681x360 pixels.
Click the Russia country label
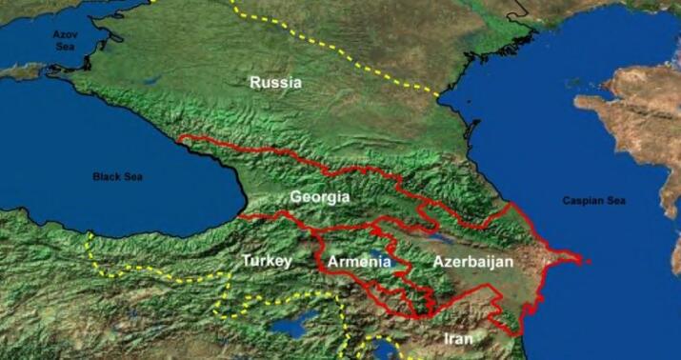point(275,83)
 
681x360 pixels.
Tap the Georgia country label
point(320,197)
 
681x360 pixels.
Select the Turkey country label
point(266,260)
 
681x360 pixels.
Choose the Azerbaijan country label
point(472,261)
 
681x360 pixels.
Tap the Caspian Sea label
point(593,201)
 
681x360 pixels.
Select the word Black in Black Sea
point(106,176)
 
